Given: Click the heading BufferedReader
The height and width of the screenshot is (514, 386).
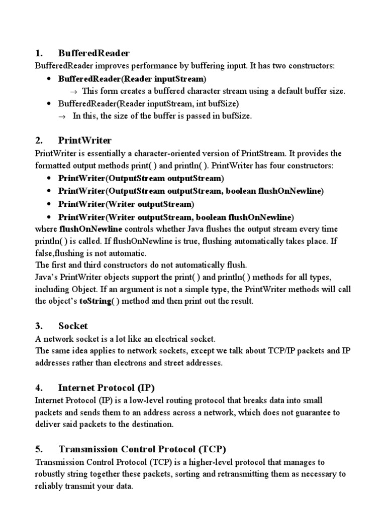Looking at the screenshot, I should [x=94, y=53].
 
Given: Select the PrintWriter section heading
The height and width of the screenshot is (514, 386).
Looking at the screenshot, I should [x=85, y=140].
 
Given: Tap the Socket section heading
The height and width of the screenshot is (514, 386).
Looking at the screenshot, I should [x=73, y=326].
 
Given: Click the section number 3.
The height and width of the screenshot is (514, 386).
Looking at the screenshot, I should [x=38, y=326].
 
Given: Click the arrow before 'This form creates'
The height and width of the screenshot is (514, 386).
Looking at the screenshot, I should [x=72, y=91].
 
